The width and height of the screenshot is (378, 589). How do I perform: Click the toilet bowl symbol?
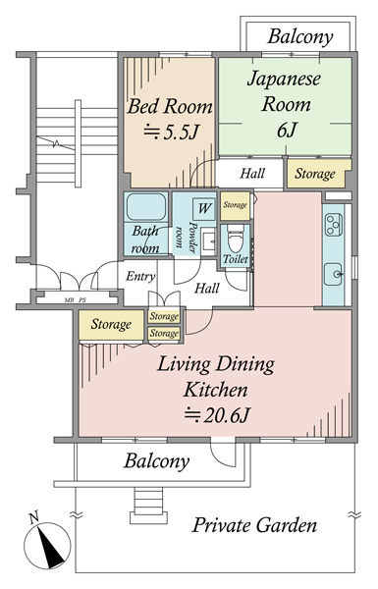[x=236, y=239]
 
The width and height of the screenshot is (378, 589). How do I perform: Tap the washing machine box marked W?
[x=203, y=209]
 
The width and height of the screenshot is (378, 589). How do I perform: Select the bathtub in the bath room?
[x=146, y=207]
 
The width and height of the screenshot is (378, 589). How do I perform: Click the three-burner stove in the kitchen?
[x=334, y=225]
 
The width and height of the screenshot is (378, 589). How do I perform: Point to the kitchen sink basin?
[x=333, y=274]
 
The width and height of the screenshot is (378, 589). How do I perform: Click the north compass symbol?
[x=47, y=545]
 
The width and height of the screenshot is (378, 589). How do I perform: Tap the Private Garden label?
[x=254, y=525]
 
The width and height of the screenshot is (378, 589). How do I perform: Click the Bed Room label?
[x=170, y=106]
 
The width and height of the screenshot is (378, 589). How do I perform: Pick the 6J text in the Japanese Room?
[x=287, y=130]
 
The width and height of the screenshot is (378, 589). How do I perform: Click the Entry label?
[x=140, y=277]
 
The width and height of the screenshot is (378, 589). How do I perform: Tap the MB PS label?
[x=76, y=300]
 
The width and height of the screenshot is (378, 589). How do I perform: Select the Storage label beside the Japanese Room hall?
[x=315, y=174]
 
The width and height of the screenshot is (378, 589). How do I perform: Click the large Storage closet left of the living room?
[x=111, y=325]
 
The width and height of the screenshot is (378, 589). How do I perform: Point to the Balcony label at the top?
[x=300, y=37]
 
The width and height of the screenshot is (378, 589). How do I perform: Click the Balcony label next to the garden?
[x=156, y=461]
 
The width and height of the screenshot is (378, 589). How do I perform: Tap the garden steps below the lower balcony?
[x=148, y=506]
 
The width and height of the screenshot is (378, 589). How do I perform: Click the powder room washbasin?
[x=208, y=241]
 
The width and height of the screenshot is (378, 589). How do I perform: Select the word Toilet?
[x=236, y=259]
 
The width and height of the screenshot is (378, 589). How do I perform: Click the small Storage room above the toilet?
[x=236, y=206]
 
